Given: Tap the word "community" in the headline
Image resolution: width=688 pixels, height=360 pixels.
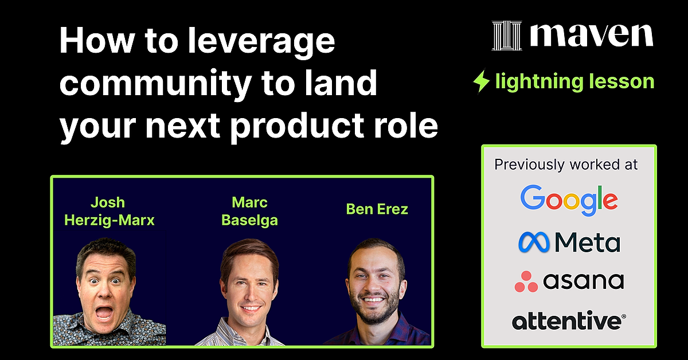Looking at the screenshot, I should [154, 84].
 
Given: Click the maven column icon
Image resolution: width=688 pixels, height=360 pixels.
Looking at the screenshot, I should [507, 36].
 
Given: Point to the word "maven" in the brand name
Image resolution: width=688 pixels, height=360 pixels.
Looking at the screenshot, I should [591, 35].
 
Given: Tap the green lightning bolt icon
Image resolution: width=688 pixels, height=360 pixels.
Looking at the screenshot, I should [480, 81].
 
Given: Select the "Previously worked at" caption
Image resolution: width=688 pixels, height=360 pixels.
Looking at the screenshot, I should [566, 165].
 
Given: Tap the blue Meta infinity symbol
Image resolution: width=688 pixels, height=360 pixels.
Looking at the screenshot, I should [534, 242].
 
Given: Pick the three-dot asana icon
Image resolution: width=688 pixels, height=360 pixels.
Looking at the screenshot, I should [526, 281].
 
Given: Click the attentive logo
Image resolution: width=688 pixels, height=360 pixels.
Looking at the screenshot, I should [568, 320].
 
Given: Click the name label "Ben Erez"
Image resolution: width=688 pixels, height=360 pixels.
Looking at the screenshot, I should [377, 209].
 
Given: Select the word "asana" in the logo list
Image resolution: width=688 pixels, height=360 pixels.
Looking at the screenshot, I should [583, 281].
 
